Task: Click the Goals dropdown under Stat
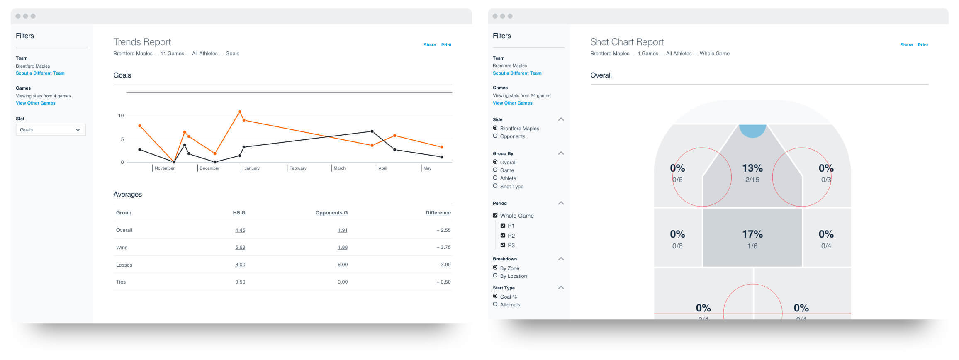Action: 51,130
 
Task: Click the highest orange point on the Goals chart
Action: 240,112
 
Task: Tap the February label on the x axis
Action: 298,168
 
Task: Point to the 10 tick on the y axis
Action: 121,116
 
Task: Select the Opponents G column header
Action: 331,213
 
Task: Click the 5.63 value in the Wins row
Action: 240,247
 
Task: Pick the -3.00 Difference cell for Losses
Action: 444,265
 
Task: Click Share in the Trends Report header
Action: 429,45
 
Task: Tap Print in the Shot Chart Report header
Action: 922,45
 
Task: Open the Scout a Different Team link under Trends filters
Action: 40,73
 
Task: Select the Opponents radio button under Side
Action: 495,136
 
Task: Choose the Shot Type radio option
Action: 495,186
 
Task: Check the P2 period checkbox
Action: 503,235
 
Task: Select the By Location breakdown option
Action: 495,276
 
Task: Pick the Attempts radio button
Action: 495,304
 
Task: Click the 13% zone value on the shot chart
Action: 752,168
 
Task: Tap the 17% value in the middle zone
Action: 752,234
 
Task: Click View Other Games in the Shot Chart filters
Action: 512,103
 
